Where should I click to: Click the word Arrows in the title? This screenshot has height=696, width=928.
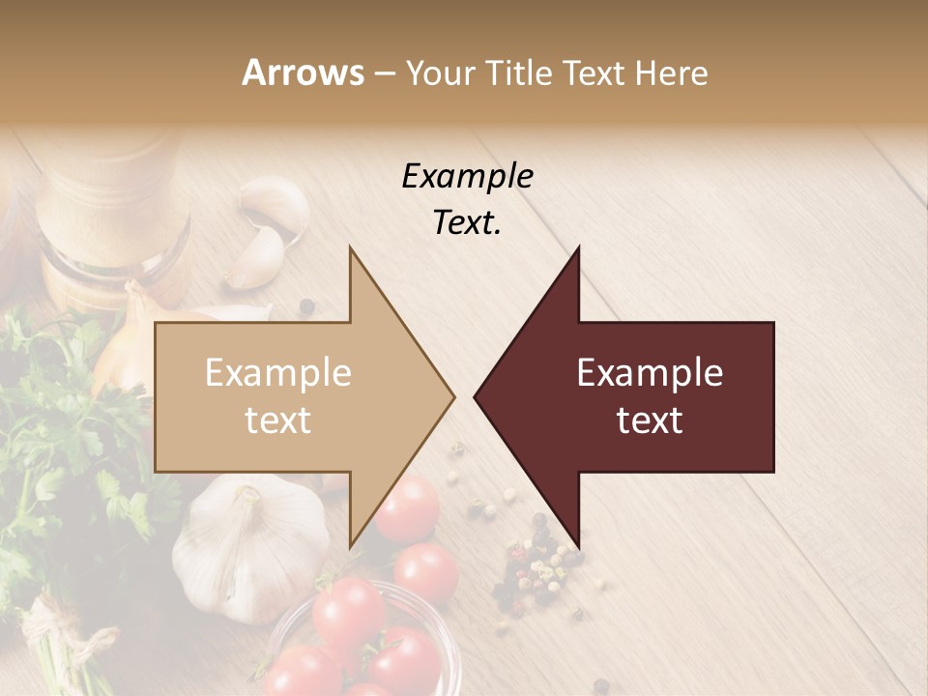point(304,72)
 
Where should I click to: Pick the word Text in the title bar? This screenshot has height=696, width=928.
point(594,72)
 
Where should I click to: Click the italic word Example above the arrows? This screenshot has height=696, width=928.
point(467,176)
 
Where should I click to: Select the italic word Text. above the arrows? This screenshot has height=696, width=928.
point(467,223)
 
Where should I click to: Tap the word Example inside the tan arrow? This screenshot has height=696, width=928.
point(278,373)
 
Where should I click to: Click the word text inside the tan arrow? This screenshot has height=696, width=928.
point(278,420)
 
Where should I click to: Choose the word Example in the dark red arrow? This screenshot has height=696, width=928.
point(650,373)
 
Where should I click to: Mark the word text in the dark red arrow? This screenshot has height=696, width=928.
point(650,420)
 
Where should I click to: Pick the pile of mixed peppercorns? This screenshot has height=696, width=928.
point(537,570)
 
